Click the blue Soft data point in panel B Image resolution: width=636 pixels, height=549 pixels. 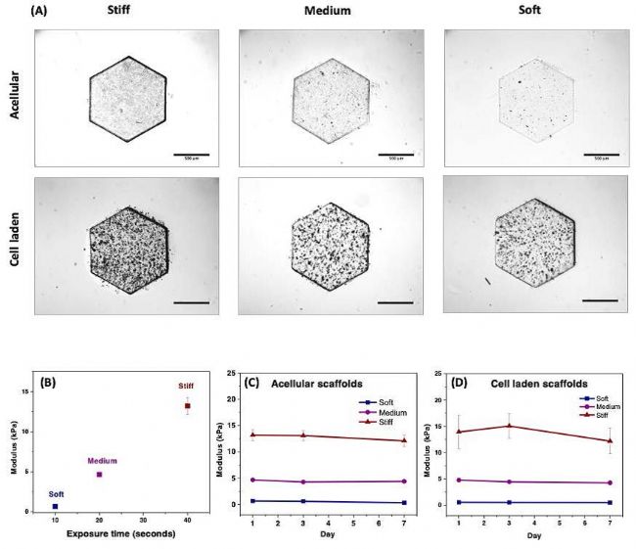point(56,506)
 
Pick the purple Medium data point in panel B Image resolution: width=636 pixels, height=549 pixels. point(99,475)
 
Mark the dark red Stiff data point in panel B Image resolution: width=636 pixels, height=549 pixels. point(187,405)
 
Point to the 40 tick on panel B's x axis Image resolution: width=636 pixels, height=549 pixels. point(187,520)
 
